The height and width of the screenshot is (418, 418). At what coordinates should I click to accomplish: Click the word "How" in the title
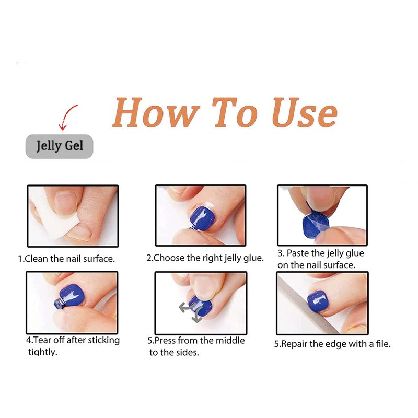[x=156, y=112]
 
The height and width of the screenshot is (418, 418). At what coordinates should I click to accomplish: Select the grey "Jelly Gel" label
[x=60, y=146]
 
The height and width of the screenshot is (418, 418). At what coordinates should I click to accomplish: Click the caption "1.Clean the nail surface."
[x=67, y=259]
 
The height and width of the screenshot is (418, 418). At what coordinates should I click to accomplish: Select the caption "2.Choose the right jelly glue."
[x=205, y=258]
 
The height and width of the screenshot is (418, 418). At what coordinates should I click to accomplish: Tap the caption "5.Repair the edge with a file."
[x=332, y=344]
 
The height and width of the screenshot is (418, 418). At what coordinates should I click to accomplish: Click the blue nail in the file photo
[x=317, y=301]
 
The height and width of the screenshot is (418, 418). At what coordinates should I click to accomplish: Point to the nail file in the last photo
[x=307, y=304]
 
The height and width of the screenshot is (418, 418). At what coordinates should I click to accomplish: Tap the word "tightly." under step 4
[x=43, y=352]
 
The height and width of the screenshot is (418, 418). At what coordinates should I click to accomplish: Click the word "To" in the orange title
[x=235, y=112]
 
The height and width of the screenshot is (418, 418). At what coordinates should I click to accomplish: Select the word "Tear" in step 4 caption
[x=43, y=340]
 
